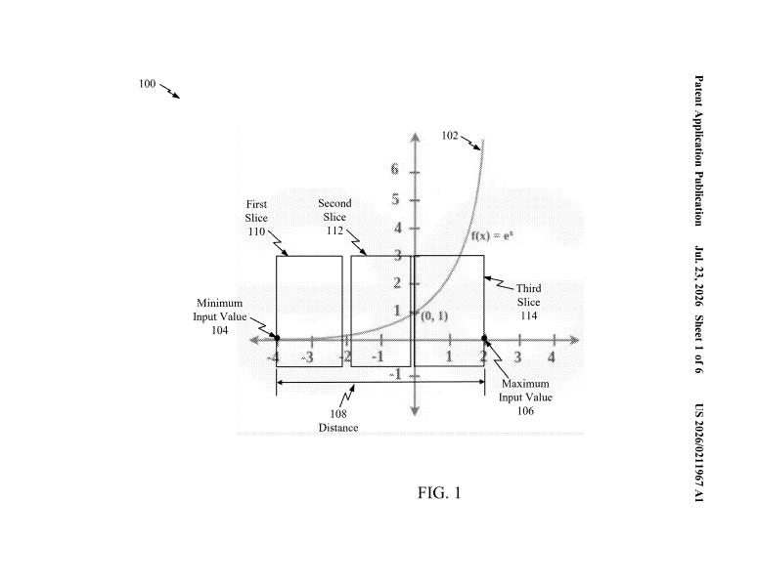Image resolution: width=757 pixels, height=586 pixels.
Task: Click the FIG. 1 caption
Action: [439, 492]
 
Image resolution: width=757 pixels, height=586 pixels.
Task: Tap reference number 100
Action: [148, 84]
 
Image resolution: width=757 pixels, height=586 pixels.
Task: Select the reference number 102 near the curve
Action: [450, 136]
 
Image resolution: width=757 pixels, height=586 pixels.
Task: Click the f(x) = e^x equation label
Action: [492, 235]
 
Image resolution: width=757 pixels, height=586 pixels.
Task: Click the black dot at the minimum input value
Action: [277, 338]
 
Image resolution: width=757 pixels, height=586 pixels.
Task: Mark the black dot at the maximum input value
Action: [484, 338]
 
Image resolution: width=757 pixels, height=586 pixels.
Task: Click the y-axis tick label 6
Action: [395, 169]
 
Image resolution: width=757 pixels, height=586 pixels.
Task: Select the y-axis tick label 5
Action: [395, 199]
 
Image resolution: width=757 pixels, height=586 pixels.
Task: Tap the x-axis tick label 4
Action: [552, 357]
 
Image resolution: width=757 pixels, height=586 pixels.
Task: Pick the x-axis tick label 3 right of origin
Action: [517, 357]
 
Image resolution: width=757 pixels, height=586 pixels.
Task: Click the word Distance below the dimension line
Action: [338, 428]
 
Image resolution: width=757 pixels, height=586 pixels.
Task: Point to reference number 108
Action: [338, 413]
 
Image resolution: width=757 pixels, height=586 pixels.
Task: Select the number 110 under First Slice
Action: [257, 231]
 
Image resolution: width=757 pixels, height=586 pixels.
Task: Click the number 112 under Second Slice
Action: [334, 230]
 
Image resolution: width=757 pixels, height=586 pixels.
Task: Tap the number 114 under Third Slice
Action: [529, 315]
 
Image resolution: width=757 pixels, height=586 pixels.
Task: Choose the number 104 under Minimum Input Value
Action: [220, 330]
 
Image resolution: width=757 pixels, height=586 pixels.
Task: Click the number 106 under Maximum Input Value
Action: [525, 410]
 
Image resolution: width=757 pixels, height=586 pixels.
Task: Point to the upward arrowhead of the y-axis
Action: [415, 138]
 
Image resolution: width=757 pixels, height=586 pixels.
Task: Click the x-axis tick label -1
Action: [378, 357]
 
